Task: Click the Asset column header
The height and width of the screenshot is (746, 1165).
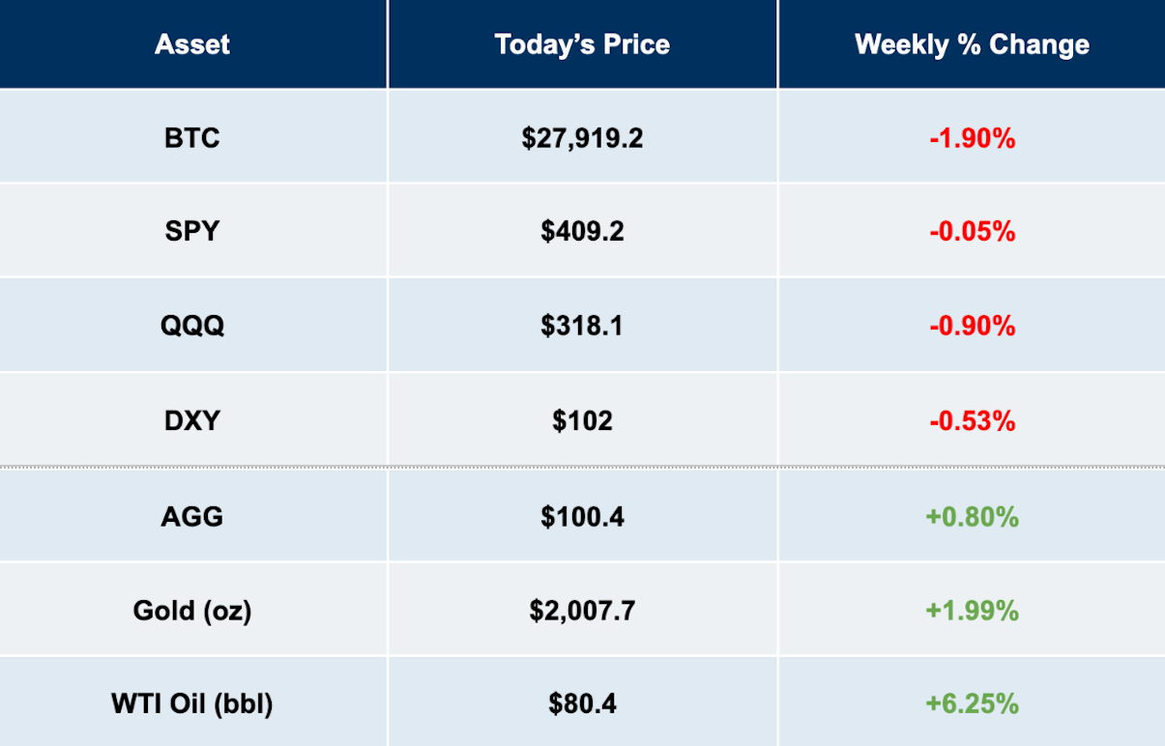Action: coord(192,44)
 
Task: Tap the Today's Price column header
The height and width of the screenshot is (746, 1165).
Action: coord(582,44)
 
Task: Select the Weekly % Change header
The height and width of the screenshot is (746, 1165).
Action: coord(972,44)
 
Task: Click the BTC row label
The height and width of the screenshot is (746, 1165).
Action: coord(192,138)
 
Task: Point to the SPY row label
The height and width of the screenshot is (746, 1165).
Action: coord(192,231)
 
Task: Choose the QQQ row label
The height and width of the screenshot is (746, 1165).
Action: coord(192,326)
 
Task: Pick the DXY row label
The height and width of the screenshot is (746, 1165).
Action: coord(192,420)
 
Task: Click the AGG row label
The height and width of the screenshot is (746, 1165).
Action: coord(192,517)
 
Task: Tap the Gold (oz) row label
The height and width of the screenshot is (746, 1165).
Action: coord(192,611)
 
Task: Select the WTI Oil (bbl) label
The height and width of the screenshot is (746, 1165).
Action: coord(192,703)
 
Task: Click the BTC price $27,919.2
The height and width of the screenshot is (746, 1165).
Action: coord(582,139)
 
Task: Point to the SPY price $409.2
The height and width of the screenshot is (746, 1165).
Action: coord(582,231)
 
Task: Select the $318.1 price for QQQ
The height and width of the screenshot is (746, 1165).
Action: coord(582,326)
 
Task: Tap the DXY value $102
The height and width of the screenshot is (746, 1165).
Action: coord(582,420)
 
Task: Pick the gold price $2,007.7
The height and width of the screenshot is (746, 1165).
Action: coord(582,611)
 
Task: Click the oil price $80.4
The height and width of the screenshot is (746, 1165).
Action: coord(582,703)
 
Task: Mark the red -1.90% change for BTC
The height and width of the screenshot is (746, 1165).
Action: coord(972,139)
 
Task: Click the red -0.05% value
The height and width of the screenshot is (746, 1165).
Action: coord(972,231)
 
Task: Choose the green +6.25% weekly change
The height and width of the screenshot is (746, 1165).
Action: coord(972,703)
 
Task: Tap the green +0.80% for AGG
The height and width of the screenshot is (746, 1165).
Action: coord(972,517)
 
